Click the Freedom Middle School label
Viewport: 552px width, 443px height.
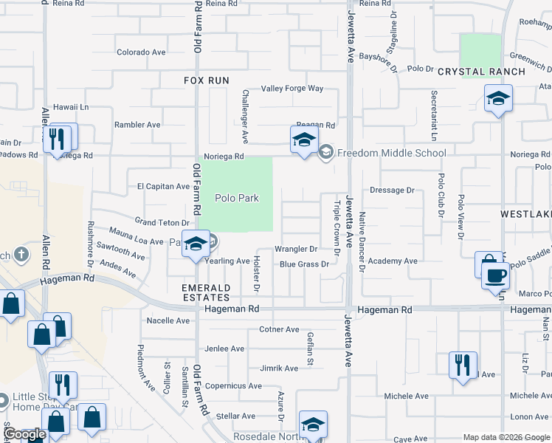[392, 153]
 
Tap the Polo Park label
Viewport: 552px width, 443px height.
[237, 198]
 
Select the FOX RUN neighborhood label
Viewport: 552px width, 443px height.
[207, 80]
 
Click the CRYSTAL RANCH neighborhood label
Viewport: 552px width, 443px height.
[481, 72]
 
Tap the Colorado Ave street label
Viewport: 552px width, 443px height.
[141, 52]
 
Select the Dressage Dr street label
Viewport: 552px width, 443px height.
[392, 190]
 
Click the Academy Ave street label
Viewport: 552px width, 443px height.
[393, 261]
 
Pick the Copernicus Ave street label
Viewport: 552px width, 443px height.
[233, 385]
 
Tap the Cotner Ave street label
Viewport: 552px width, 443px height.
[279, 329]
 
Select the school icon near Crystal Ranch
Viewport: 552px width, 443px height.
[498, 98]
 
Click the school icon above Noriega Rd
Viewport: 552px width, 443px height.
[303, 139]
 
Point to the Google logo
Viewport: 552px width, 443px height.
[24, 435]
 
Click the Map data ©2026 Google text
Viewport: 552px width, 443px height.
[506, 437]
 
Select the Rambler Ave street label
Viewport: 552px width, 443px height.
[137, 125]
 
